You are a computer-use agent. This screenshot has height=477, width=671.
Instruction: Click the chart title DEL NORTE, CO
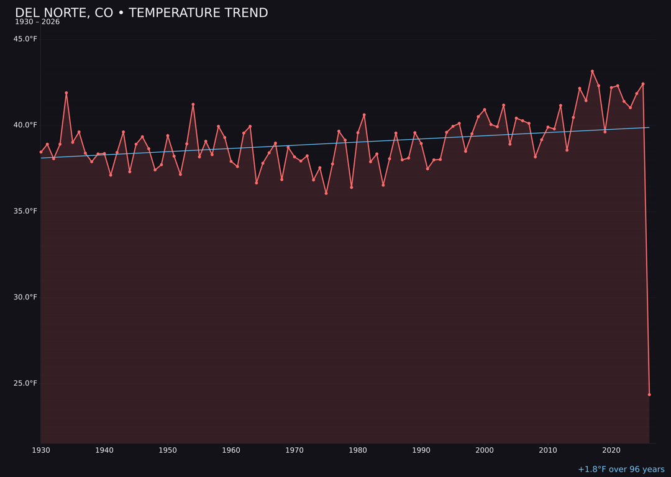141,13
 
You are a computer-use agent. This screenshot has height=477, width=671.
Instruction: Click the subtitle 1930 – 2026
37,22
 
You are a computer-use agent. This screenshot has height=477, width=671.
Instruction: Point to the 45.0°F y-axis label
25,39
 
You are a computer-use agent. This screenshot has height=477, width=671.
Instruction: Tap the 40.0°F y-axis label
25,125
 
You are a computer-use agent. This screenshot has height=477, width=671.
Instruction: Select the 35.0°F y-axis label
25,211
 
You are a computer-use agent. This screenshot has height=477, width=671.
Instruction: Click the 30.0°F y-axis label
25,297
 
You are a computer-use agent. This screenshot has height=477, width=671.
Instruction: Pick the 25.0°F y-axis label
25,383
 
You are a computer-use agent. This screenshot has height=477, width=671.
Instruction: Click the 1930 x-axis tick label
41,450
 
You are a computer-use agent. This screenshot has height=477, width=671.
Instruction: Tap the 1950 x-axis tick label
168,450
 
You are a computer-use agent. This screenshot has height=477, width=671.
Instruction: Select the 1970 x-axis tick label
294,450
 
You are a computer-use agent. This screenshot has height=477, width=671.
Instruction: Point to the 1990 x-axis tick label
421,450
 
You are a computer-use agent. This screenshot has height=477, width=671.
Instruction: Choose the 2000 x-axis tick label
485,450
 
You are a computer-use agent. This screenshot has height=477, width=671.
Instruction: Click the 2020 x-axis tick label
611,450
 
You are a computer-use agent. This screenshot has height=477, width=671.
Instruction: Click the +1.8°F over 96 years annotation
621,470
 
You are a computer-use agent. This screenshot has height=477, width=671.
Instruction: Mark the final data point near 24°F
649,394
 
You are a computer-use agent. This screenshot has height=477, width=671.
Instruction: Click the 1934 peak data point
66,93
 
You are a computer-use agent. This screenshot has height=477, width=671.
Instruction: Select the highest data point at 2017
592,71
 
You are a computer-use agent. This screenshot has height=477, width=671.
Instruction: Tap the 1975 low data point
326,193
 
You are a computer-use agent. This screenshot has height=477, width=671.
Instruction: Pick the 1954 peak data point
193,104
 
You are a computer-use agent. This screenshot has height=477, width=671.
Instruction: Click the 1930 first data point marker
41,152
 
